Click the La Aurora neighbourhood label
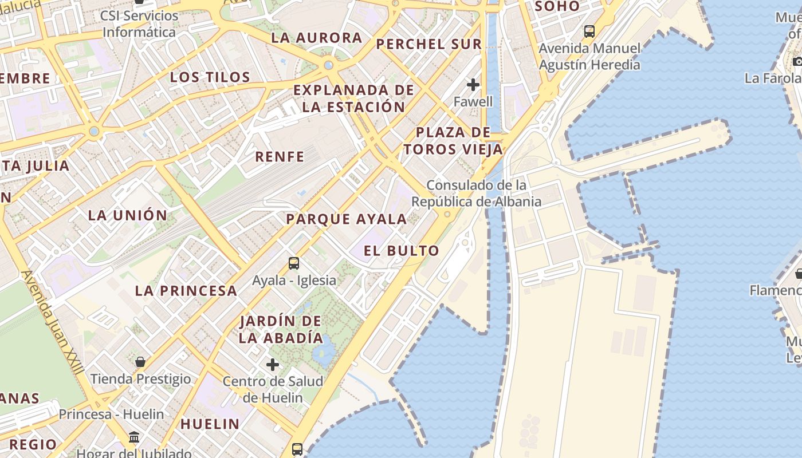pyautogui.click(x=317, y=38)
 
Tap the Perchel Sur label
pyautogui.click(x=429, y=44)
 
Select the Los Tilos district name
pyautogui.click(x=210, y=77)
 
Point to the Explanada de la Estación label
pyautogui.click(x=353, y=98)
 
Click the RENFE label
pyautogui.click(x=280, y=157)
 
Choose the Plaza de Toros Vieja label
pyautogui.click(x=453, y=141)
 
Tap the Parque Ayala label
pyautogui.click(x=347, y=219)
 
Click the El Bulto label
pyautogui.click(x=402, y=251)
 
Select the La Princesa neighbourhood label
pyautogui.click(x=186, y=291)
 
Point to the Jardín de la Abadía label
pyautogui.click(x=281, y=329)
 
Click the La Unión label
pyautogui.click(x=128, y=216)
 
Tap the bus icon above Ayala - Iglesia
pyautogui.click(x=294, y=263)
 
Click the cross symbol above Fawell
pyautogui.click(x=473, y=85)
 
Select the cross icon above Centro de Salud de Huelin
pyautogui.click(x=273, y=364)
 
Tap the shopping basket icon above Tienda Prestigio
pyautogui.click(x=140, y=362)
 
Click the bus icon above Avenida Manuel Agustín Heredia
pyautogui.click(x=589, y=31)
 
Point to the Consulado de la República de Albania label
pyautogui.click(x=477, y=194)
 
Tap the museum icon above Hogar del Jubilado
pyautogui.click(x=134, y=437)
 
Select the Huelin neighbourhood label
pyautogui.click(x=210, y=424)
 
